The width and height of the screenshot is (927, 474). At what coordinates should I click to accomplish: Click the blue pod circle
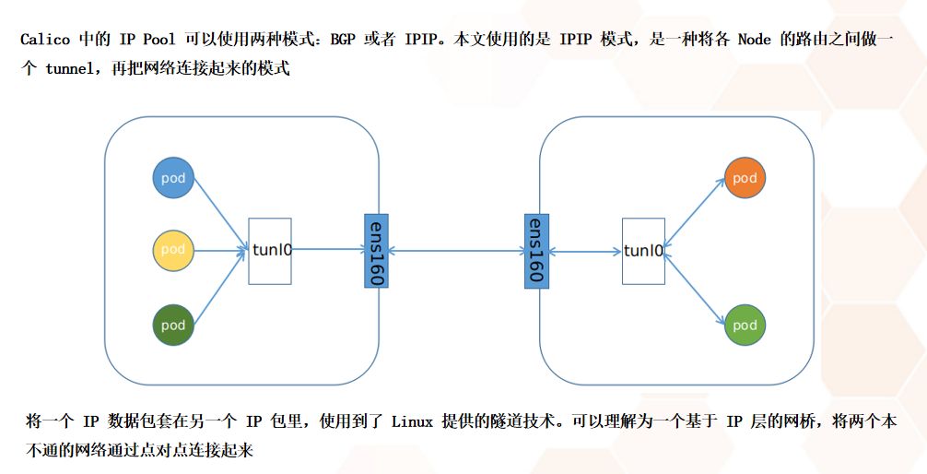coord(173,178)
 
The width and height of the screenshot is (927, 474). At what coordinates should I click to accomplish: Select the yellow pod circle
coord(173,250)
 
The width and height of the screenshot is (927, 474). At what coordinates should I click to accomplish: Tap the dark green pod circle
coord(173,325)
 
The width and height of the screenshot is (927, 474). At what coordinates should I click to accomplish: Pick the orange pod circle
coord(745,178)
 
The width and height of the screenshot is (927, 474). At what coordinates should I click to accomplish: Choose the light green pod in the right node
coord(745,325)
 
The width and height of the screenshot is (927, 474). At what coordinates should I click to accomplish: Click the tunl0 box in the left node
coord(270,250)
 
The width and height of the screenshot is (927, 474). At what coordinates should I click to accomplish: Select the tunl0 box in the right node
coord(643,250)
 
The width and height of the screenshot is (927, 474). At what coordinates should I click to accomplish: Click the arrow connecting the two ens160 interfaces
coord(455,250)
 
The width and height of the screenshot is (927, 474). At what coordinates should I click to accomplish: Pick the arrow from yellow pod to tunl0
coord(221,250)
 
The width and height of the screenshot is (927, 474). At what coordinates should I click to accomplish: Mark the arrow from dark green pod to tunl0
coord(221,287)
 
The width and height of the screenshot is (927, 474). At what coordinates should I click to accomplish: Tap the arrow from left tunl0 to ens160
coord(328,249)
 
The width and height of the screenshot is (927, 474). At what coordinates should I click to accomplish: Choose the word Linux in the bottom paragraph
coord(412,421)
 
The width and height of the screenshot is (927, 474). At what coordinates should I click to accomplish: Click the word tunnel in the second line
coord(74,69)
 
